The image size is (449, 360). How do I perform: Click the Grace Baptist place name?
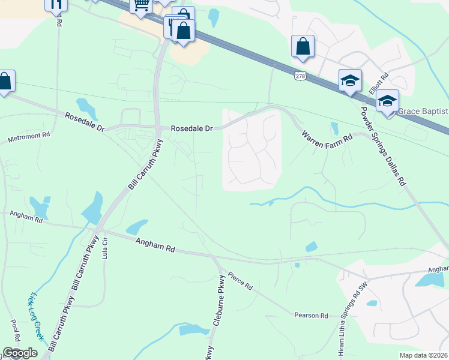coord(423,111)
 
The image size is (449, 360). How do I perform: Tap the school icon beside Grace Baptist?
coord(387,101)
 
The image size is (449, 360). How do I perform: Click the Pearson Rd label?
coord(311,315)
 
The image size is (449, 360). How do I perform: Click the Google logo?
coord(20,353)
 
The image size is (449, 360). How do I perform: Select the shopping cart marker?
coord(141,5)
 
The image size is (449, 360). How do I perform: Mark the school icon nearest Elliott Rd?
coord(350,80)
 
